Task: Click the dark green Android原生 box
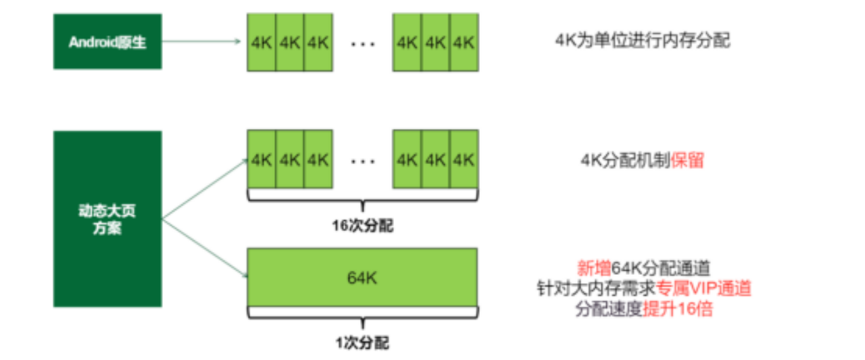107,42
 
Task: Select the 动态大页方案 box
107,219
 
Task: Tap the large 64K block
363,277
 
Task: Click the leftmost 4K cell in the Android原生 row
262,42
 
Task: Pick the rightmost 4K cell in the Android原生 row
464,42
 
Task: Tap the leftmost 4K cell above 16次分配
262,160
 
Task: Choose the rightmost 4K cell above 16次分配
464,160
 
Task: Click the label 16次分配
363,226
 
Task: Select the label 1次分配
363,343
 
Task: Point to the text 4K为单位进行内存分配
642,41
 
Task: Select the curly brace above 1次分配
363,313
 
